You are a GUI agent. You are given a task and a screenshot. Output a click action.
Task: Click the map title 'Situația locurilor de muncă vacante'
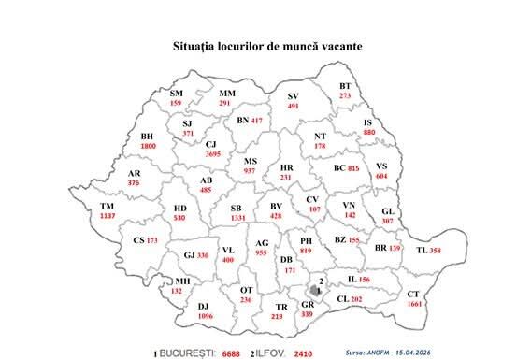tap(266, 45)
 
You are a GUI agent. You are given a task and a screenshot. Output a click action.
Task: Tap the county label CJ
tap(211, 144)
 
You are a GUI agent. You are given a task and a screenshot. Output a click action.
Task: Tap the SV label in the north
tap(293, 96)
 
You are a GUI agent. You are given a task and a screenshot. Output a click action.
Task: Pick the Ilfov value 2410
tap(303, 355)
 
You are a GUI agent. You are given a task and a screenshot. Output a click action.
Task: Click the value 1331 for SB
tap(237, 217)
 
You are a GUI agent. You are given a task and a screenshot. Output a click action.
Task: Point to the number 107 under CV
tap(314, 209)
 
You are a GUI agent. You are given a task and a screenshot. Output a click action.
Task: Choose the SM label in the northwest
tap(177, 94)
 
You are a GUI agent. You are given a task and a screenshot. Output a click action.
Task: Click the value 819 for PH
tap(306, 251)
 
